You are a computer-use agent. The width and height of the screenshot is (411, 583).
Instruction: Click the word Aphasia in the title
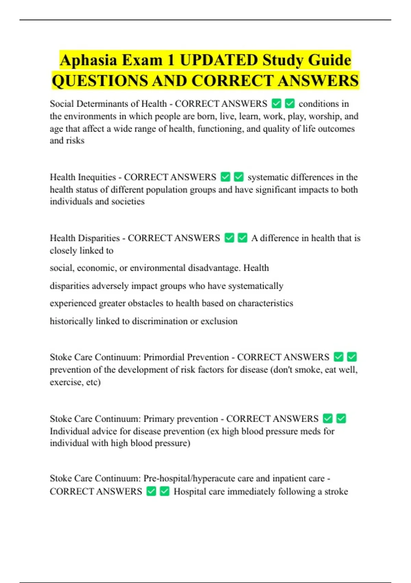(x=88, y=60)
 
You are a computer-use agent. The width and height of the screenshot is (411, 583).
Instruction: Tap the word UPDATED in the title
(x=219, y=60)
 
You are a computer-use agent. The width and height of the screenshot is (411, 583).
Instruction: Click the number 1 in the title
(x=170, y=60)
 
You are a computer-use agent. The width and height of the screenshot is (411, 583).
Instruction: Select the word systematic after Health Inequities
(x=269, y=177)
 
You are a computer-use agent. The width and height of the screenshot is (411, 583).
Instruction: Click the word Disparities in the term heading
(x=99, y=238)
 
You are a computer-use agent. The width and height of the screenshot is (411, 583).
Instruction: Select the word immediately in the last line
(x=251, y=491)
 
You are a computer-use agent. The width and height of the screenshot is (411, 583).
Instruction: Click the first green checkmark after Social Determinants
(x=276, y=103)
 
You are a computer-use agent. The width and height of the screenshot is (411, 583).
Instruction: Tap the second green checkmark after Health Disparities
(x=242, y=238)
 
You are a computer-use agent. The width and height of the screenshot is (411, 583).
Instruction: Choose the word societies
(x=128, y=201)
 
